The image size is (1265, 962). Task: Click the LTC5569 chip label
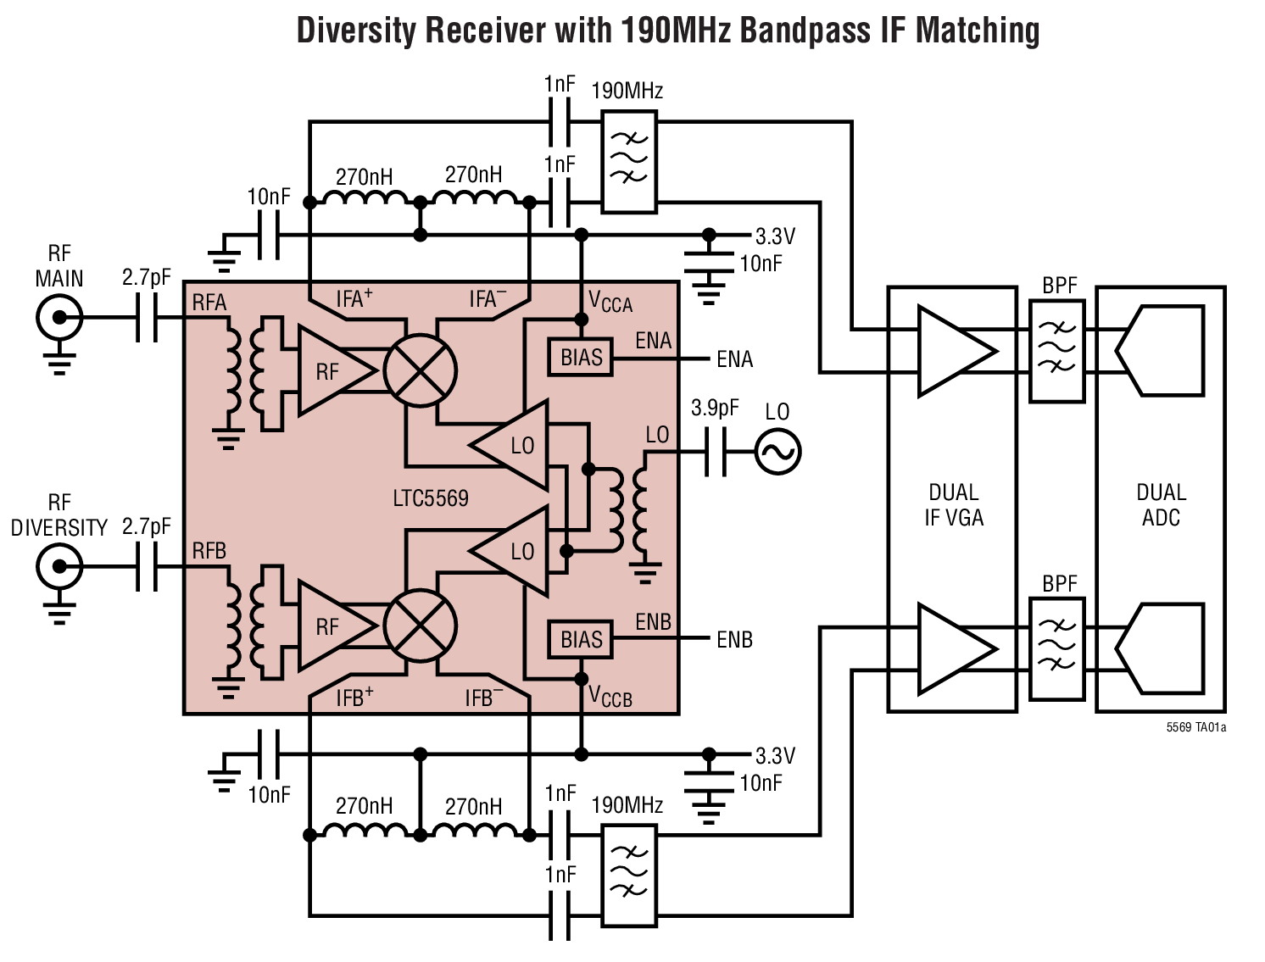tap(430, 498)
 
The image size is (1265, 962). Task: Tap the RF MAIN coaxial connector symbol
tap(59, 319)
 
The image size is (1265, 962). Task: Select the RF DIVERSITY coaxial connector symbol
tap(59, 566)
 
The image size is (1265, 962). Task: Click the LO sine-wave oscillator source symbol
tap(777, 451)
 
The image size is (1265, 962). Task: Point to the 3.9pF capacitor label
tap(714, 409)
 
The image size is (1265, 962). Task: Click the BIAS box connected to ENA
tap(581, 358)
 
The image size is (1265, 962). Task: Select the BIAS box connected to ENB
tap(581, 640)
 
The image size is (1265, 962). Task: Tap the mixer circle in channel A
tap(420, 370)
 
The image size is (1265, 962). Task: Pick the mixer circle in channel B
tap(420, 626)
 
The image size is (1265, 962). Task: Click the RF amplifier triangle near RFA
tap(332, 370)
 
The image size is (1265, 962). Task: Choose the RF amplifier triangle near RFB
tap(332, 626)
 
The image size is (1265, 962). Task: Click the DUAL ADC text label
tap(1160, 505)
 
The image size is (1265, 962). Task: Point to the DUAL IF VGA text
tap(953, 505)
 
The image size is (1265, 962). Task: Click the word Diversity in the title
tap(356, 31)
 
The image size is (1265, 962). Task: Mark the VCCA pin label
tap(610, 302)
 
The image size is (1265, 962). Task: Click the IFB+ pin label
tap(354, 698)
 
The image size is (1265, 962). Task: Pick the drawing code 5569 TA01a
tap(1195, 727)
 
